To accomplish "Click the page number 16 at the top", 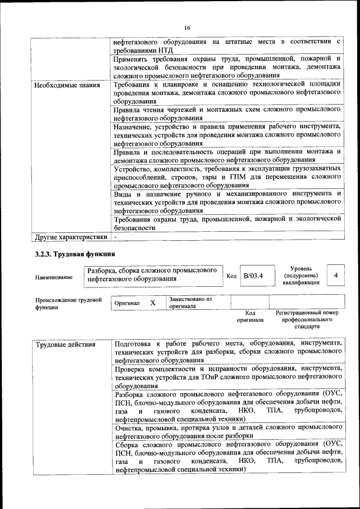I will tap(187, 28).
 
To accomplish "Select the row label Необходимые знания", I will tap(67, 85).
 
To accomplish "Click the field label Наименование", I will tap(53, 277).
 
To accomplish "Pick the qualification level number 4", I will tap(336, 275).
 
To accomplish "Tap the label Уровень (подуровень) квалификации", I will tap(301, 276).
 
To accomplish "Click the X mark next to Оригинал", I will tap(152, 303).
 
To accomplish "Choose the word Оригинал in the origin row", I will tap(127, 303).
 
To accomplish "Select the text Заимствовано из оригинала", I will tap(190, 303).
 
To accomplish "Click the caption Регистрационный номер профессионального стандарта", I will tap(307, 319).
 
